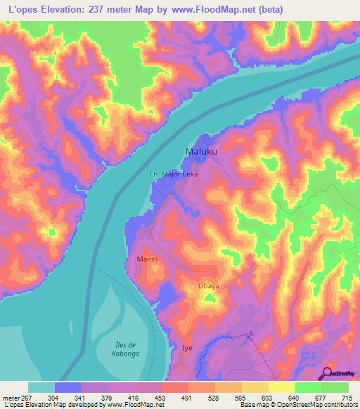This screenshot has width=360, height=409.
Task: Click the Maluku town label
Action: [x=200, y=152]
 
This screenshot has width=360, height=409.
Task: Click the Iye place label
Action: [x=187, y=348]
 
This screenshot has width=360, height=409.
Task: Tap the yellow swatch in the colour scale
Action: [x=281, y=387]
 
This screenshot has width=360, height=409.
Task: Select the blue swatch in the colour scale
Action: [x=68, y=387]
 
